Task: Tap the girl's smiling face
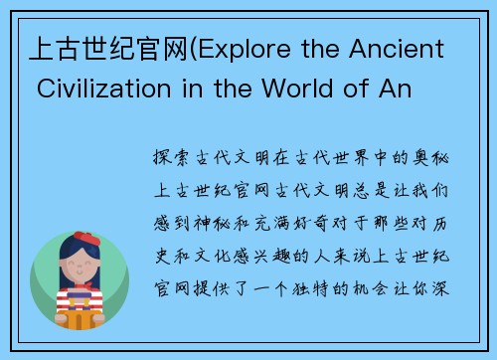(81, 269)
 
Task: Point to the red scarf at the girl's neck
(81, 291)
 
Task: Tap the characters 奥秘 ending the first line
(434, 157)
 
